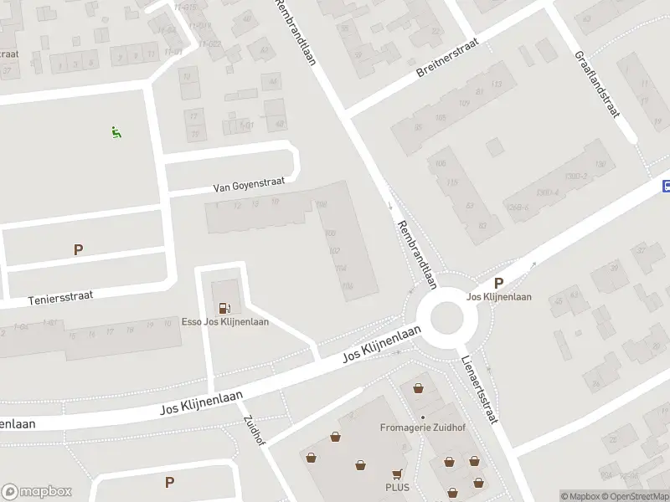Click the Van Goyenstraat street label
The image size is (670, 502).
249,181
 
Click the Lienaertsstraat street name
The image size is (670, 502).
479,389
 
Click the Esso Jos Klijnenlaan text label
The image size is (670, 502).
225,322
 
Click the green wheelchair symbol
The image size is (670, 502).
116,131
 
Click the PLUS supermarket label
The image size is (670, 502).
396,487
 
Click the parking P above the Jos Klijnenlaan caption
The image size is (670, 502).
499,284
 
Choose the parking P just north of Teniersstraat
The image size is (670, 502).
79,249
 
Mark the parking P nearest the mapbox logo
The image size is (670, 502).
169,482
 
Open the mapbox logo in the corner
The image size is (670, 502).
37,491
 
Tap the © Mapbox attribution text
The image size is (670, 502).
580,496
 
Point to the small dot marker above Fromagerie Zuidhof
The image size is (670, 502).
423,417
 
